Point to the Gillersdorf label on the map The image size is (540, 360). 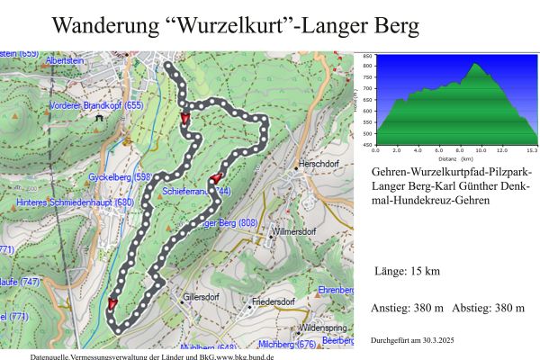click(x=202, y=296)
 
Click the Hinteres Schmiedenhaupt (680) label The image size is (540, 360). click(x=75, y=202)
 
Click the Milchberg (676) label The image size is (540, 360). click(x=287, y=345)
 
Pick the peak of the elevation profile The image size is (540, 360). click(x=474, y=64)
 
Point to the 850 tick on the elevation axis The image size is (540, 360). click(x=366, y=56)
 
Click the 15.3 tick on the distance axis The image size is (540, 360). click(x=533, y=150)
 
